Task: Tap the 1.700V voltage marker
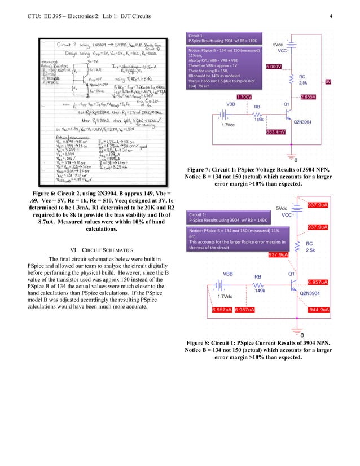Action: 244,97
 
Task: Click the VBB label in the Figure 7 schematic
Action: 231,104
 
